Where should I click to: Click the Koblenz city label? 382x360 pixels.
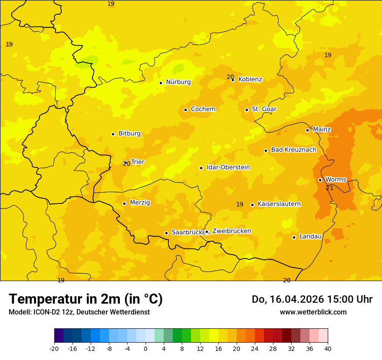click(250, 79)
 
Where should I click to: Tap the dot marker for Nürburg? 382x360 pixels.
click(161, 83)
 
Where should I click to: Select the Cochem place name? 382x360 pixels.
click(203, 109)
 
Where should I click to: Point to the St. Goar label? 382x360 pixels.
click(264, 109)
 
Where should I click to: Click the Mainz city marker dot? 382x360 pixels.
click(307, 130)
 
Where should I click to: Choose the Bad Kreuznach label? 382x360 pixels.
click(293, 150)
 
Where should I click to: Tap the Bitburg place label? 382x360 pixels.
click(129, 134)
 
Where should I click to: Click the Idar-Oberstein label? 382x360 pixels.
click(228, 167)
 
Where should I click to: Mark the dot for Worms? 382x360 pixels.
click(320, 180)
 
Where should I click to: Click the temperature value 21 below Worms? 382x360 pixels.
click(330, 188)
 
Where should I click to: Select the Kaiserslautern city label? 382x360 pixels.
click(279, 204)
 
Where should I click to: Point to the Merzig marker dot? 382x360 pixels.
click(124, 203)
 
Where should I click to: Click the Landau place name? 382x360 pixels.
click(310, 237)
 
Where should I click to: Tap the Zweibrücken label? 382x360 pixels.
click(231, 231)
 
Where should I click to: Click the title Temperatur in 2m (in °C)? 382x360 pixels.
click(86, 299)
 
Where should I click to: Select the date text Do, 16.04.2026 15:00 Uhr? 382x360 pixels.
click(312, 299)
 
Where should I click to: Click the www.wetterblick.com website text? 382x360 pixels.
click(313, 312)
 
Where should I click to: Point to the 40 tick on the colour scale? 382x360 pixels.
click(328, 348)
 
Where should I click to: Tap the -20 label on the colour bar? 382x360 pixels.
click(54, 348)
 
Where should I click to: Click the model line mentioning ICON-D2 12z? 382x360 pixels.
click(79, 312)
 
